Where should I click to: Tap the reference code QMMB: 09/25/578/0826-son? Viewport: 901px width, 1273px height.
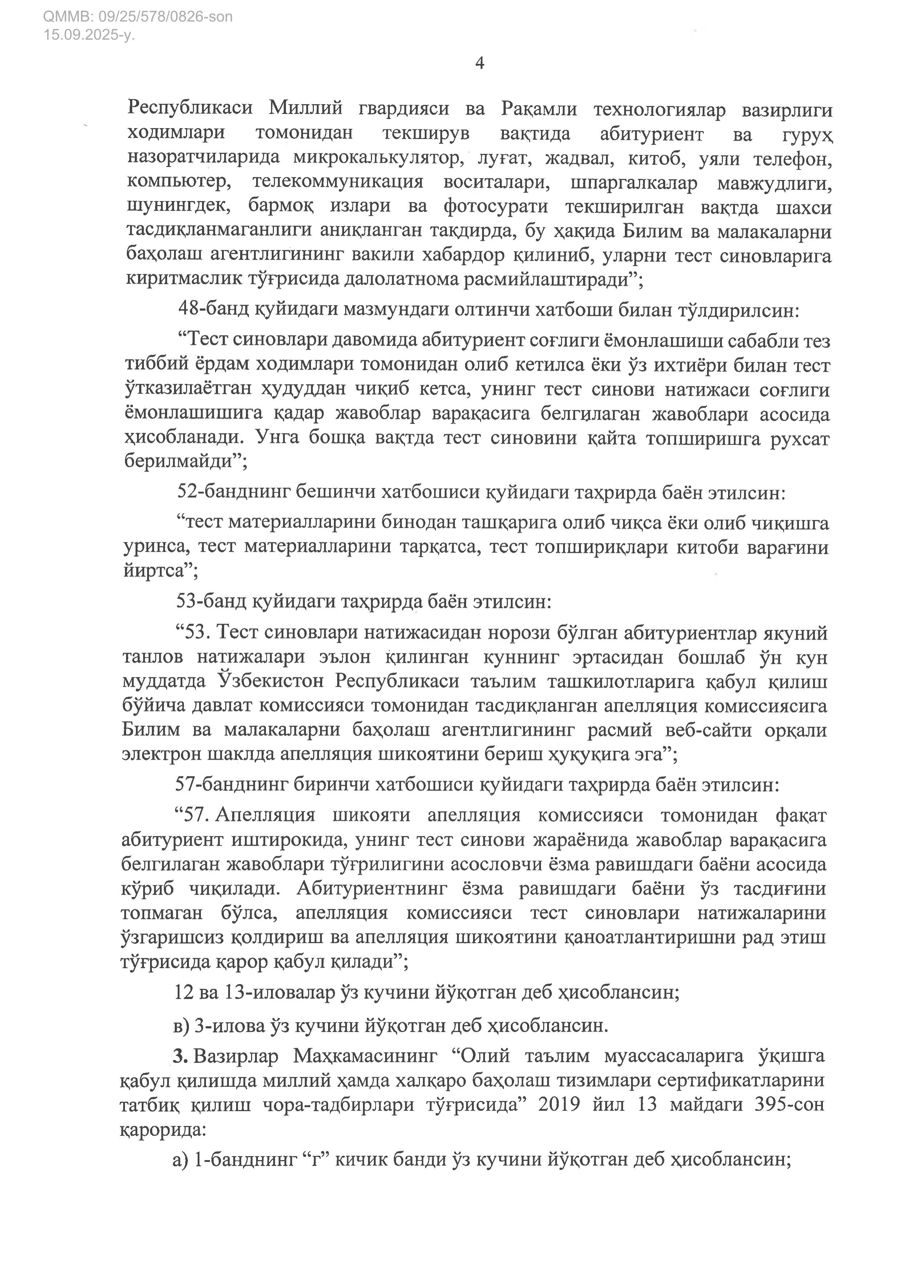click(x=138, y=17)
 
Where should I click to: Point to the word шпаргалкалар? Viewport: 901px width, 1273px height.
click(x=634, y=183)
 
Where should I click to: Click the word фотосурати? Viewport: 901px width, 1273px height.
click(x=496, y=207)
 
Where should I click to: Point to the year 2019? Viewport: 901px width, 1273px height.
click(x=559, y=1105)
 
